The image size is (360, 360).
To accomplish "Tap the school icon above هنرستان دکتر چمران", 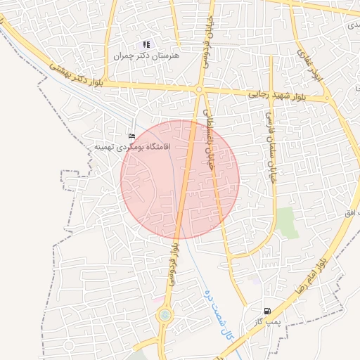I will tap(146, 44).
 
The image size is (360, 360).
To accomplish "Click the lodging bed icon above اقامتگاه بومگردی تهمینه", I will tap(131, 136).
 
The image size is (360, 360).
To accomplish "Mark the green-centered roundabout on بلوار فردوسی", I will tap(165, 316).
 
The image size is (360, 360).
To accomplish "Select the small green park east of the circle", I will tap(286, 221).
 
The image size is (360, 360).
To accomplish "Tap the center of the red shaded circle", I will tap(180, 179).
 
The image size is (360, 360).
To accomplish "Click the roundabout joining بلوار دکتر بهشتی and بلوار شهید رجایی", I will tap(200, 90).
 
